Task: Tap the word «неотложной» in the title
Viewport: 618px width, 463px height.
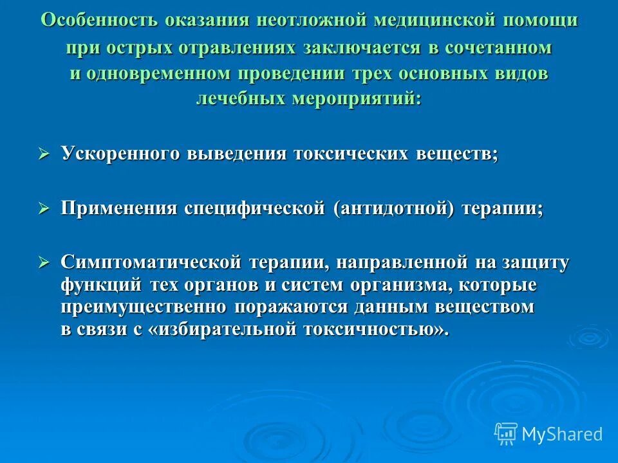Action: pos(299,20)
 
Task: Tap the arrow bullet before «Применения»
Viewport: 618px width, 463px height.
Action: pos(44,209)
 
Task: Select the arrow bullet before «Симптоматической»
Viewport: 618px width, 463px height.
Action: pos(44,262)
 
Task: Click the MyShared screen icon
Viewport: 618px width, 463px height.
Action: pos(506,433)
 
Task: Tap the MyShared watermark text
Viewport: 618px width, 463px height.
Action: pos(562,435)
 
